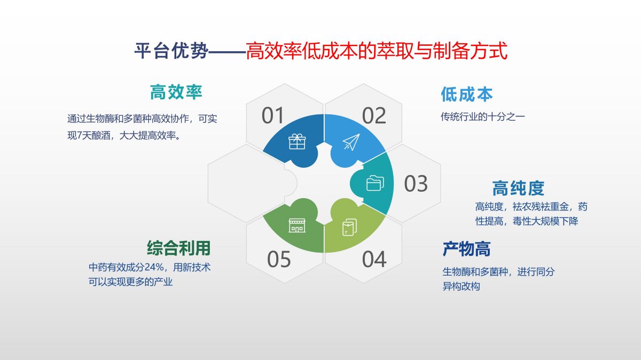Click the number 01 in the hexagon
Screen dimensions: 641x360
[272, 115]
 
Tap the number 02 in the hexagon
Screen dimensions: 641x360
[374, 115]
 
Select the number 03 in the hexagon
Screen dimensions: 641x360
[416, 183]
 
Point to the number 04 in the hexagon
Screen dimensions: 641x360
[374, 259]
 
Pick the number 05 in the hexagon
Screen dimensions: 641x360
[279, 259]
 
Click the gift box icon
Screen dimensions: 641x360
[297, 142]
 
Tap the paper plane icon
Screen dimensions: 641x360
[351, 142]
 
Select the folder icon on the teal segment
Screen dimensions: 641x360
[375, 183]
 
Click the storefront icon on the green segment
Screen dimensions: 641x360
[297, 225]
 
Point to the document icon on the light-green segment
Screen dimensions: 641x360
[350, 227]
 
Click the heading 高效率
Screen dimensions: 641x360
[176, 92]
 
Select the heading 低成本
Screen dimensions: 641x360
[467, 95]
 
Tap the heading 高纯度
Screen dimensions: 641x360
[518, 189]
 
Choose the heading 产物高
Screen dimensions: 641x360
[467, 249]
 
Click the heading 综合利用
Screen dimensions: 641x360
[179, 248]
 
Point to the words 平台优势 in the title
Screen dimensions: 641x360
[171, 51]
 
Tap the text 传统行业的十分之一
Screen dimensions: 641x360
[483, 117]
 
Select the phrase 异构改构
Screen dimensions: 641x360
[461, 286]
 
